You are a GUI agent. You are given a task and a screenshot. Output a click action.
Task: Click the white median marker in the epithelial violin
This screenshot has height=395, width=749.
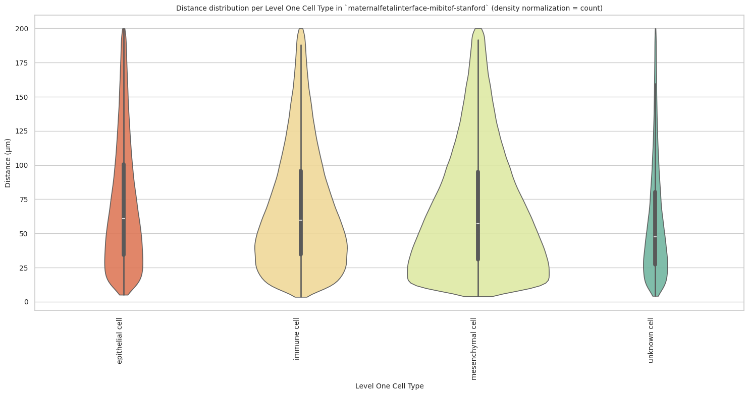[x=124, y=219]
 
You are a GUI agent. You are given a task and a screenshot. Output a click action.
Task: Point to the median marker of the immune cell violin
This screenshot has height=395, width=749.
[x=301, y=220]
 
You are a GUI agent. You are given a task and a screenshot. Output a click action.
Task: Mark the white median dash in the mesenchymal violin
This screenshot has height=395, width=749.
[x=478, y=224]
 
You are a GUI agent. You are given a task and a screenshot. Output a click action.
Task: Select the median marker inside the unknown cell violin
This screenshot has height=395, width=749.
[x=655, y=237]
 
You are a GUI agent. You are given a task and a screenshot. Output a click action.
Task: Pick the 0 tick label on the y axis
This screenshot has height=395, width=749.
[x=26, y=302]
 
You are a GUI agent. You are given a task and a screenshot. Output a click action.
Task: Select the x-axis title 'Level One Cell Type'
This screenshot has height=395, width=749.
[x=389, y=386]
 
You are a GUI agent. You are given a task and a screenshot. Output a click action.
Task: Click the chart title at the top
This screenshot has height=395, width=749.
[x=389, y=8]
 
